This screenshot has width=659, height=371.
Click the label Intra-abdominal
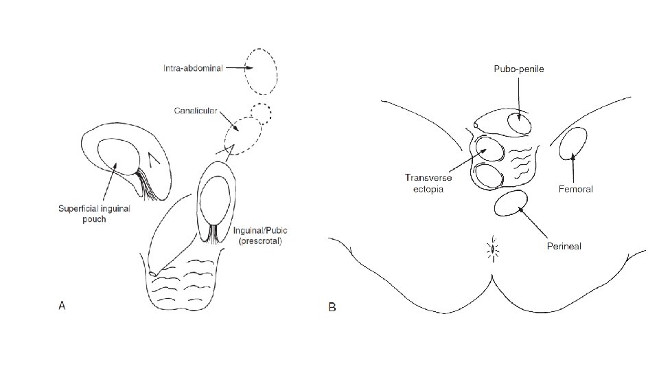tap(192, 69)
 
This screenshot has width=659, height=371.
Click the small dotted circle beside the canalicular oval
tap(261, 111)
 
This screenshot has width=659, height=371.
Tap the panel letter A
tap(62, 306)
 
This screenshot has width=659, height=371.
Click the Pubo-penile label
tap(518, 69)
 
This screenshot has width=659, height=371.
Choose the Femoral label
tap(575, 189)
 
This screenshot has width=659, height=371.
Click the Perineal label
tap(564, 246)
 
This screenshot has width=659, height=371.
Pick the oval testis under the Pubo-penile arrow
tap(520, 124)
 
